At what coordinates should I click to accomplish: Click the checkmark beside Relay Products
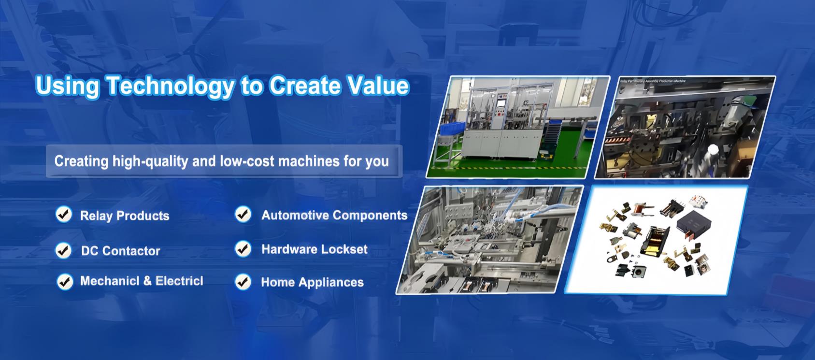64,214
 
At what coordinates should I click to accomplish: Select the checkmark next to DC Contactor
63,250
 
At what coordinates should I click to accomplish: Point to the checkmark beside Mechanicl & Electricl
64,281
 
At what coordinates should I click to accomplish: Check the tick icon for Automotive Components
243,214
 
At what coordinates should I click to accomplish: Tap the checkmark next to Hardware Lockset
243,249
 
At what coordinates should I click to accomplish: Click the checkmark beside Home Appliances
243,282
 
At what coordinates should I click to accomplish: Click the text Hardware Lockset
314,249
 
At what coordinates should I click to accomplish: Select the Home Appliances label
312,282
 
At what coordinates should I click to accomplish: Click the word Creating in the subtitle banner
81,161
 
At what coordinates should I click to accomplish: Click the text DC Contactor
120,251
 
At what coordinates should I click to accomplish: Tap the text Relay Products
125,216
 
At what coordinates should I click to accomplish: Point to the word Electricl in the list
179,281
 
